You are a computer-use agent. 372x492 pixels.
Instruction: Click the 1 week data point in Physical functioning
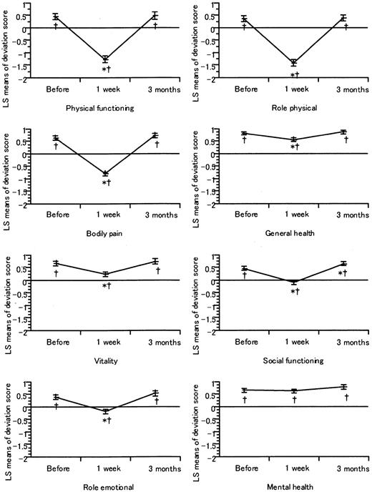pyautogui.click(x=105, y=59)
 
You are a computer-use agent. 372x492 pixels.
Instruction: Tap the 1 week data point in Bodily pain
pyautogui.click(x=105, y=174)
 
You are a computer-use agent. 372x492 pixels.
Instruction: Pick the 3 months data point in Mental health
pyautogui.click(x=344, y=387)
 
